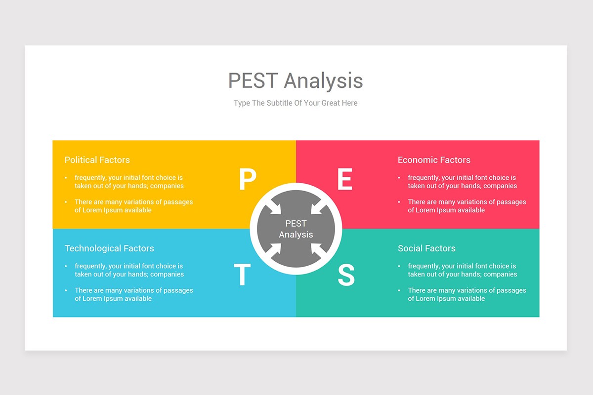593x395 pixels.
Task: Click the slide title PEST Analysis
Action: point(296,80)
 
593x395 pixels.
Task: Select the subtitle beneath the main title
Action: point(296,103)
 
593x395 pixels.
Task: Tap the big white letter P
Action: point(247,180)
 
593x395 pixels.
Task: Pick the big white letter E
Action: point(345,180)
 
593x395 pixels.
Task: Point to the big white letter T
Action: point(242,275)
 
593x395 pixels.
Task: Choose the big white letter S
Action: point(346,275)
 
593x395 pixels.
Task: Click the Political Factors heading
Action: point(97,160)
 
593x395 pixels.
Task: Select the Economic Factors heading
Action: point(434,160)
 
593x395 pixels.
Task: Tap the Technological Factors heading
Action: point(109,248)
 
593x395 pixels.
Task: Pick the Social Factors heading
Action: point(426,248)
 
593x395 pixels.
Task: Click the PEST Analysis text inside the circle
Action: point(296,229)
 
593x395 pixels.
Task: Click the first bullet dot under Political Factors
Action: point(66,178)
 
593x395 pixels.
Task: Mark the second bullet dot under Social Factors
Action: point(399,291)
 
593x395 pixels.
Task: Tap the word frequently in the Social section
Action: point(423,266)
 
